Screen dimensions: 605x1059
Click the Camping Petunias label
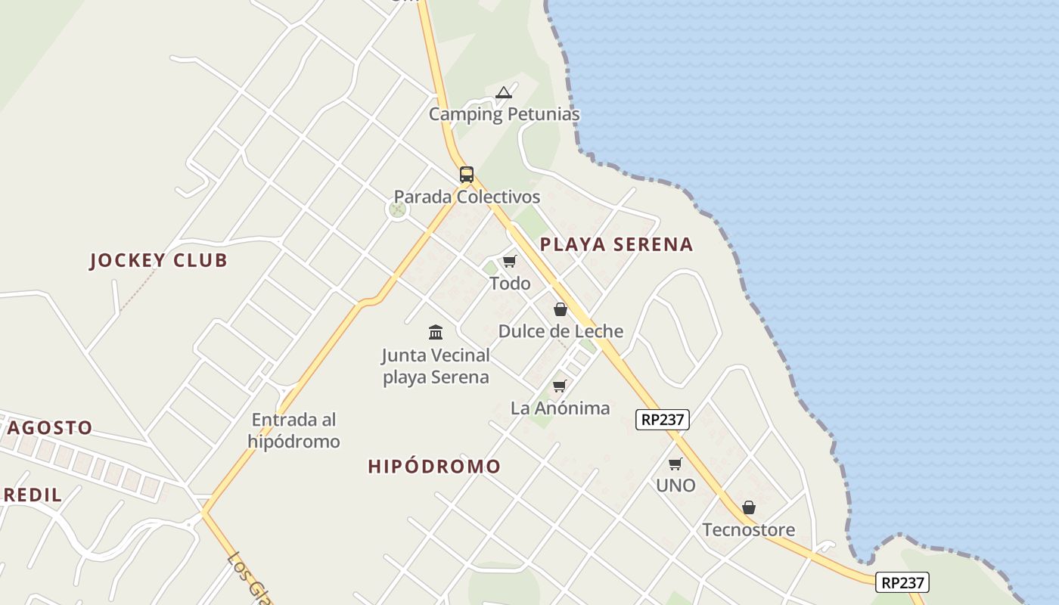coord(504,114)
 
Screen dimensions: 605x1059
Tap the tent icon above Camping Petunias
coord(504,93)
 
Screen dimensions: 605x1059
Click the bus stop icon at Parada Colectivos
coord(467,175)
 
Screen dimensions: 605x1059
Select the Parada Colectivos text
coord(467,197)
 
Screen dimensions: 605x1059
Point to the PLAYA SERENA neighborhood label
coord(616,244)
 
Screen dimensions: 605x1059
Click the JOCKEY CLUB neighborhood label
coord(158,260)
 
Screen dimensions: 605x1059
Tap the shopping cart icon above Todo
coord(510,262)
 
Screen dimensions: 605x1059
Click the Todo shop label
coord(510,284)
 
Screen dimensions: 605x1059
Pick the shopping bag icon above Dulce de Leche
coord(561,309)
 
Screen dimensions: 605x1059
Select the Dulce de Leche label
coord(561,331)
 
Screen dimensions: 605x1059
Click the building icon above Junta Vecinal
coord(436,332)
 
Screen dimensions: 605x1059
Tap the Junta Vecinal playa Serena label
coord(436,366)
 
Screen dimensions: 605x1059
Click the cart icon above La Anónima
coord(560,386)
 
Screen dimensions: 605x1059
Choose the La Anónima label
coord(560,408)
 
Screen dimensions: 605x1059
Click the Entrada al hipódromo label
coord(293,430)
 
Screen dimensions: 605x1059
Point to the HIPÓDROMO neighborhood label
coord(434,467)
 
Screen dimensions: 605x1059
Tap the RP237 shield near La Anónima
coord(663,420)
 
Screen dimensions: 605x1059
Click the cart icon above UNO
coord(675,464)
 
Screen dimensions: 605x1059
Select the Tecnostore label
coord(749,529)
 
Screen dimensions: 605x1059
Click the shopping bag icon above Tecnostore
coord(749,507)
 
